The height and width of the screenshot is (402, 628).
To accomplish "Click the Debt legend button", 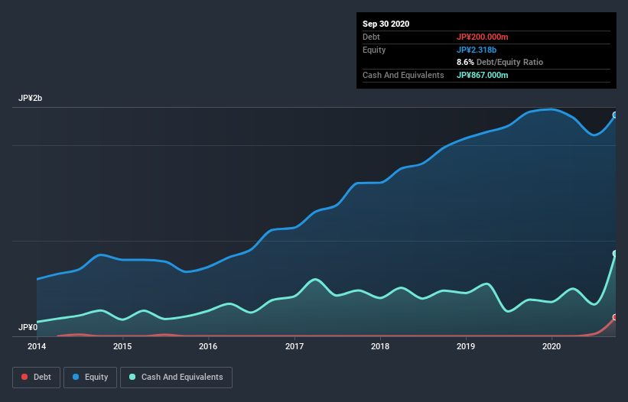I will (36, 377).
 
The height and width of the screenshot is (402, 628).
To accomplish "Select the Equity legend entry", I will (90, 377).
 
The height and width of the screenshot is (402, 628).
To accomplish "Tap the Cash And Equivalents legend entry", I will (176, 377).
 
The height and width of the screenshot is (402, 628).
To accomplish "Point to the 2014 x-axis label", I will (37, 346).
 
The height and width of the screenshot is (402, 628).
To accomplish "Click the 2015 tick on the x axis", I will (122, 346).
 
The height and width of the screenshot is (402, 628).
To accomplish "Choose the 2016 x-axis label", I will (208, 346).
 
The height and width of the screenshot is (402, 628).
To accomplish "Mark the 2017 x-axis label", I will (294, 346).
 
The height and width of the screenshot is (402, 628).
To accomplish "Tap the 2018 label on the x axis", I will (380, 346).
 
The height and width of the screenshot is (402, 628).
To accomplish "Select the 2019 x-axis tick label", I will (466, 346).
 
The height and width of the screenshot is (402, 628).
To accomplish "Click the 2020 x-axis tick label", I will (552, 346).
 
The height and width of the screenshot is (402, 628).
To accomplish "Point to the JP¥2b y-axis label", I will (31, 99).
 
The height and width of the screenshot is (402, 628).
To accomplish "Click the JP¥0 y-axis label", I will (28, 327).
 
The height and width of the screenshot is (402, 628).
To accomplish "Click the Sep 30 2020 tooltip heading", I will (386, 24).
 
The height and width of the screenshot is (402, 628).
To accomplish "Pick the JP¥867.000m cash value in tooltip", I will (482, 75).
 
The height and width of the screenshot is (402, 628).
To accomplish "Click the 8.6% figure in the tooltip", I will (466, 62).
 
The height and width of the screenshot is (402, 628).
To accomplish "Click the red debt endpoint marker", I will (614, 317).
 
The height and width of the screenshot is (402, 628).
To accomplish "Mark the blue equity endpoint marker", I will (614, 115).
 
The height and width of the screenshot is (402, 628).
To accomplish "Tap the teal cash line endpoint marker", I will (614, 254).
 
